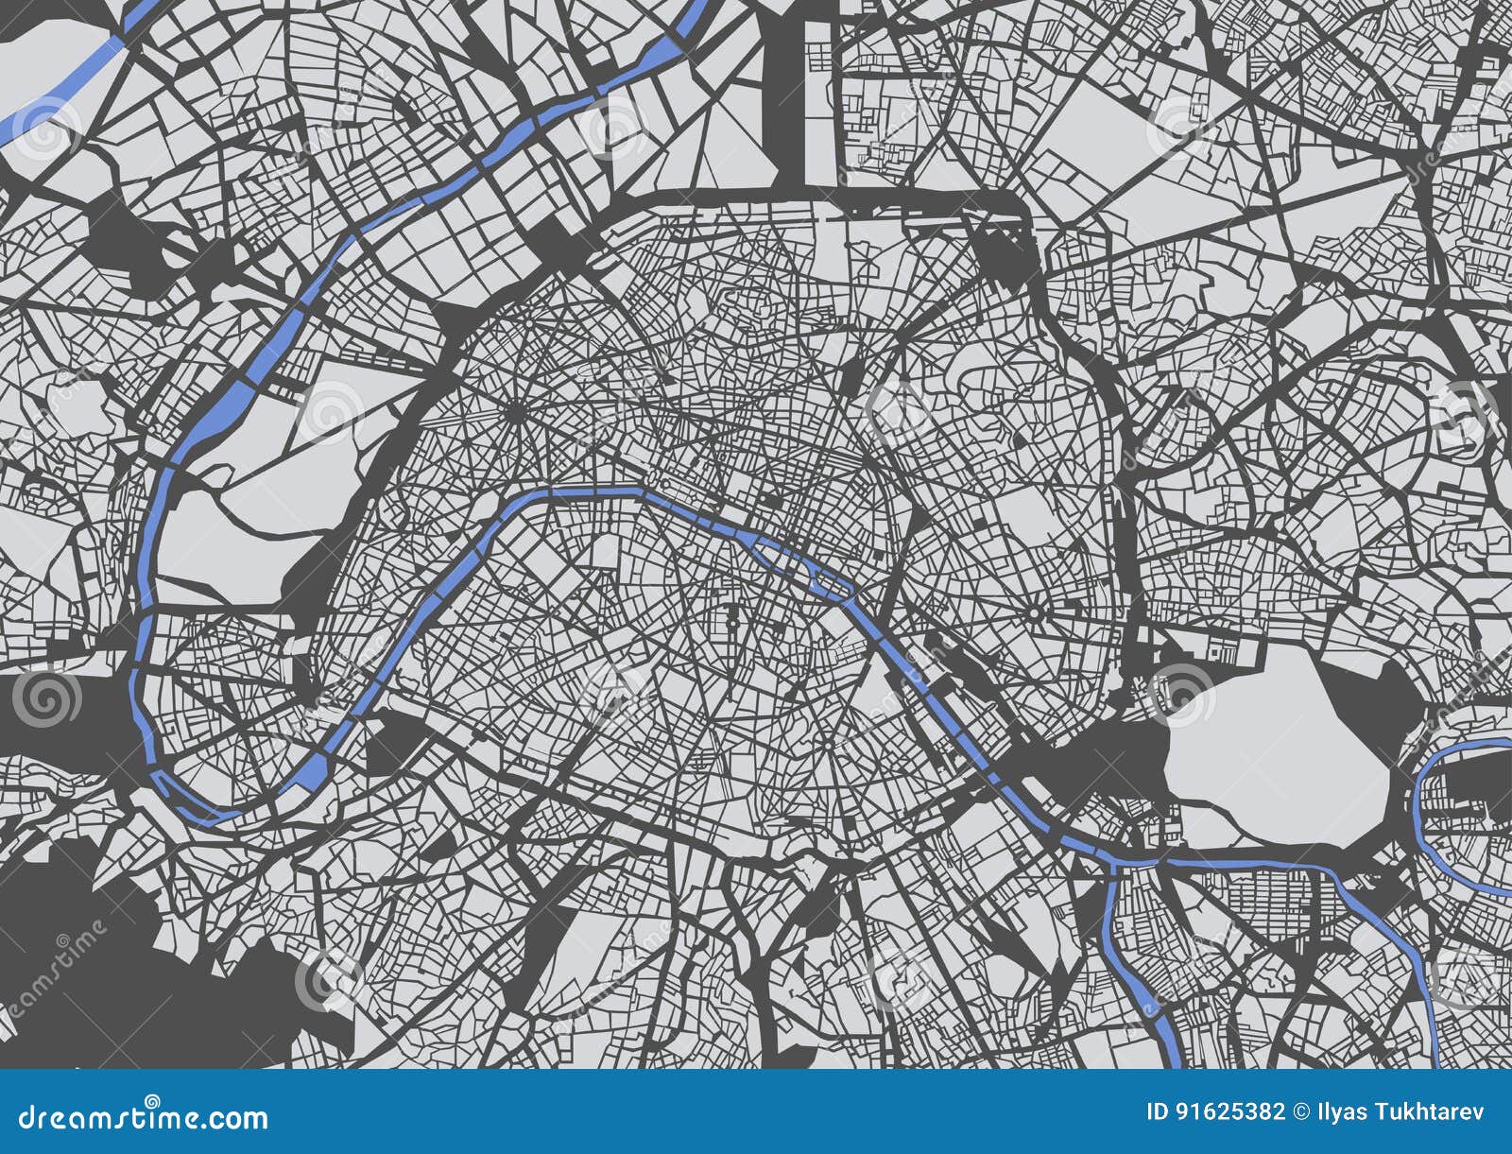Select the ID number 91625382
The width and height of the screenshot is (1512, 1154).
click(1230, 1111)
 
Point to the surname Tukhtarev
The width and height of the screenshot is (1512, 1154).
click(1430, 1111)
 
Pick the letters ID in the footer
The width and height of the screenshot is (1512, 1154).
click(1157, 1111)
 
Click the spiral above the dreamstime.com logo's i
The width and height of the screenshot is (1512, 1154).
click(151, 1099)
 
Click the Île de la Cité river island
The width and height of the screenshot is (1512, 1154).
click(781, 554)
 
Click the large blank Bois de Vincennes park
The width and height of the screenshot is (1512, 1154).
click(1276, 737)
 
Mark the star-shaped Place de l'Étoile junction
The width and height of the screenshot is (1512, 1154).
click(517, 412)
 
